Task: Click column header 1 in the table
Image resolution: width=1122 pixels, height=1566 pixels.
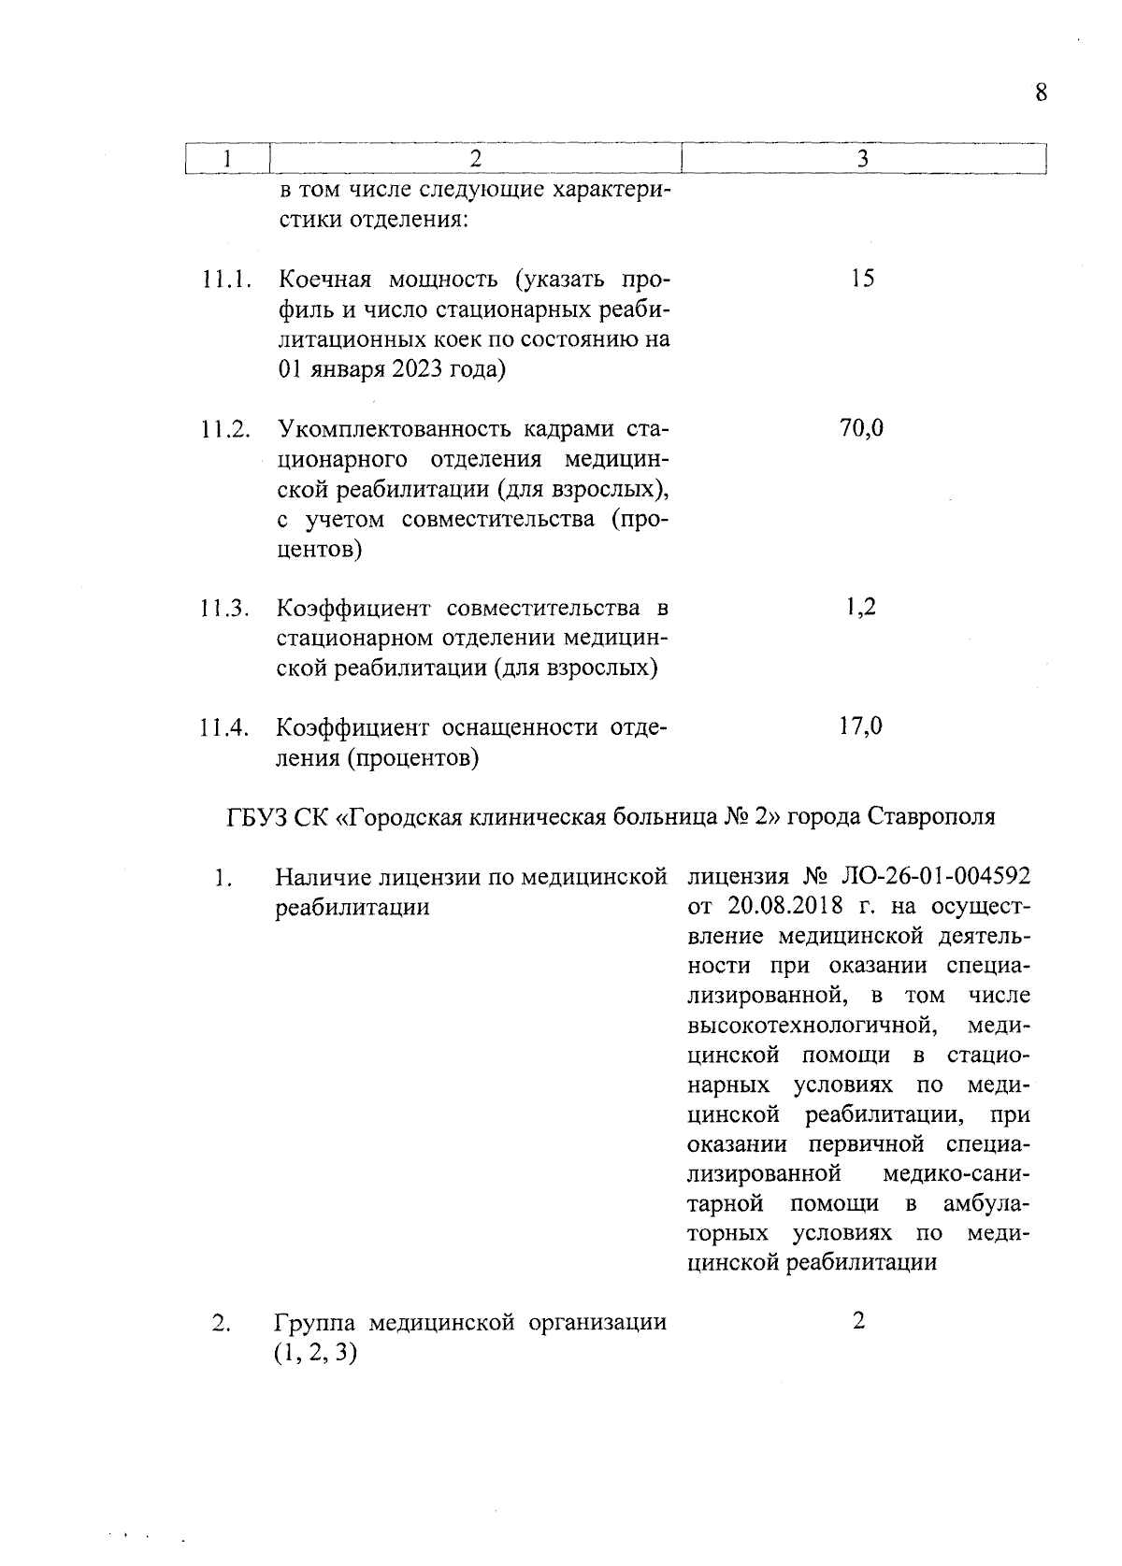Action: tap(227, 159)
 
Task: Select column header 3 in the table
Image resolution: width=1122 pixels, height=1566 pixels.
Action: tap(862, 159)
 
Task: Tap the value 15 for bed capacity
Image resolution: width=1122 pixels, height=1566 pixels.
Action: tap(862, 279)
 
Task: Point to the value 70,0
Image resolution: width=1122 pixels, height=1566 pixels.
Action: tap(862, 429)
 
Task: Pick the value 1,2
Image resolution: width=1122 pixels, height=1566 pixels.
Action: tap(862, 608)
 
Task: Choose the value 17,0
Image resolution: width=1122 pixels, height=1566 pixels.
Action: tap(862, 726)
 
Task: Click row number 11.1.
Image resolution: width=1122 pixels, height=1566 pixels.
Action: tap(225, 280)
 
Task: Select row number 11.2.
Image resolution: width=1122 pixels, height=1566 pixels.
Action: tap(225, 430)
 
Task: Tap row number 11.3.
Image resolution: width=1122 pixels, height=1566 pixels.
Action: tap(225, 609)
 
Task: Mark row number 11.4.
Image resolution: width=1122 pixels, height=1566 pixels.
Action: tap(225, 727)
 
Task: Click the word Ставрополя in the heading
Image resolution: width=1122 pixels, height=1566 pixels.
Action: tap(932, 816)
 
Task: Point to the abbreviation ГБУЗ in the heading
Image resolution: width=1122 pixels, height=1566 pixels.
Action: tap(252, 816)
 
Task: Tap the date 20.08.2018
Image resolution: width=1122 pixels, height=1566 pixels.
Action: tap(775, 907)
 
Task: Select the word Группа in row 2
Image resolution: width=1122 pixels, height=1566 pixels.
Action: tap(315, 1323)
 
